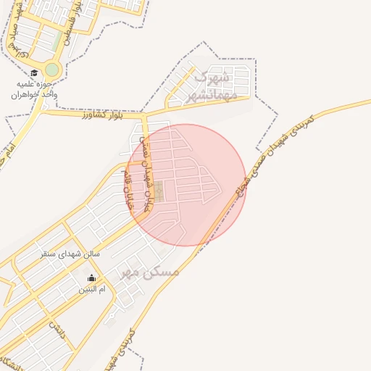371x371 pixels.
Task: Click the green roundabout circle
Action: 51,70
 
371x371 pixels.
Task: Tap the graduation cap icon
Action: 34,72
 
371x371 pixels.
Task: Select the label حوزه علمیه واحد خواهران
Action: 33,89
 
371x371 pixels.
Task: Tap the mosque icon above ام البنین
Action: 92,278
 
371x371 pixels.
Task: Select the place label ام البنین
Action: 92,289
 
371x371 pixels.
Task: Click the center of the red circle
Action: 185,185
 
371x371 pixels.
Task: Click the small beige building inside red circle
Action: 159,191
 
